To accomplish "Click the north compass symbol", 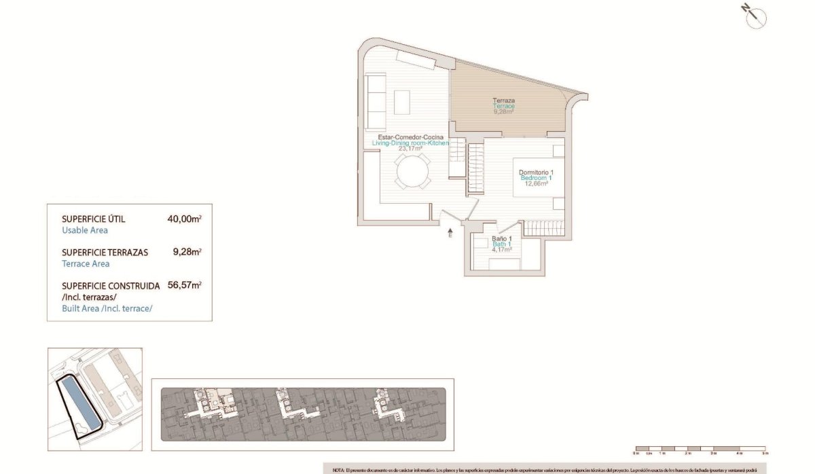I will click(755, 18).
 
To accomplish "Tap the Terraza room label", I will click(503, 101).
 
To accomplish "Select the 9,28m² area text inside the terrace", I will click(503, 112).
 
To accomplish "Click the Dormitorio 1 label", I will click(536, 172).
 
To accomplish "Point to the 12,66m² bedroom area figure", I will click(536, 183).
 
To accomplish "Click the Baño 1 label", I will click(501, 239).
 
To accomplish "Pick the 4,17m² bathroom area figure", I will click(501, 249).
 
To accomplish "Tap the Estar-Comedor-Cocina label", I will click(410, 137).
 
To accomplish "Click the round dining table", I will click(413, 171).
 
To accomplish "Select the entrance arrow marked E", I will click(450, 234).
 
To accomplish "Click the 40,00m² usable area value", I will click(183, 219).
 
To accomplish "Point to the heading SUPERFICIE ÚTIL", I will click(94, 219).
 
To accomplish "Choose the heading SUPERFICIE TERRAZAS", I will click(103, 253).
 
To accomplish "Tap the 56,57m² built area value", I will click(183, 286).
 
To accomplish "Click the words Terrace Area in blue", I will click(86, 264).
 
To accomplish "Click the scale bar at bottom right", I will click(700, 450).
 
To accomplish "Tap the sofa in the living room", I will click(376, 102).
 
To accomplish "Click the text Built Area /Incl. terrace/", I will click(107, 309).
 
